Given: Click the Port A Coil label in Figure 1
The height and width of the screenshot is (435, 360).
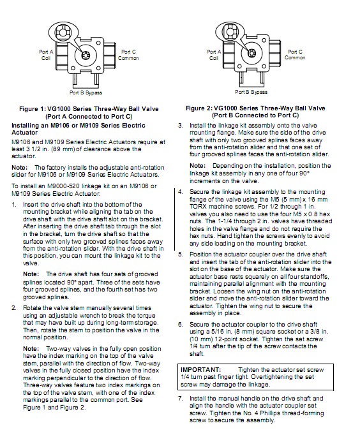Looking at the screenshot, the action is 46,55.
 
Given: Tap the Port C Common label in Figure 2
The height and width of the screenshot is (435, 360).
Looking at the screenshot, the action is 295,55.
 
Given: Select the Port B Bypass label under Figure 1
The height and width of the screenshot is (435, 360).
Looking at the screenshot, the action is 86,92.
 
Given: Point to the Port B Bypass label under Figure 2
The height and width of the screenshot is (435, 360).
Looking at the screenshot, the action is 251,92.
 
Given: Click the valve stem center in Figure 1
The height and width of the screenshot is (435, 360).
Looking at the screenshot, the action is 85,55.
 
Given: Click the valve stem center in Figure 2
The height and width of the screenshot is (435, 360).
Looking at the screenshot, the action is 251,52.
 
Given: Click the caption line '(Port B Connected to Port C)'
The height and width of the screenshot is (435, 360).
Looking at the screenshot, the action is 255,115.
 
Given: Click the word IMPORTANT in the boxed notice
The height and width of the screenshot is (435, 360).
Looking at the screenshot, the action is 200,370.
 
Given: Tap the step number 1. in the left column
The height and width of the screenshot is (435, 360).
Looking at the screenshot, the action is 14,205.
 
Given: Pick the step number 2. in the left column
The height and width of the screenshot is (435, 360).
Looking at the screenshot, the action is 14,308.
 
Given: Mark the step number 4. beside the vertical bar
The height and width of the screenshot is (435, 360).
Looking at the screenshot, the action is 181,192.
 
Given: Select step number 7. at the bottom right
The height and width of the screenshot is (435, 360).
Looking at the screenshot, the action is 181,399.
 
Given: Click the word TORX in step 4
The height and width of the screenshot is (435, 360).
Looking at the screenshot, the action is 198,207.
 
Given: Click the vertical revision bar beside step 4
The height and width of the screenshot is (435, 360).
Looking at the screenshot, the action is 175,219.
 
